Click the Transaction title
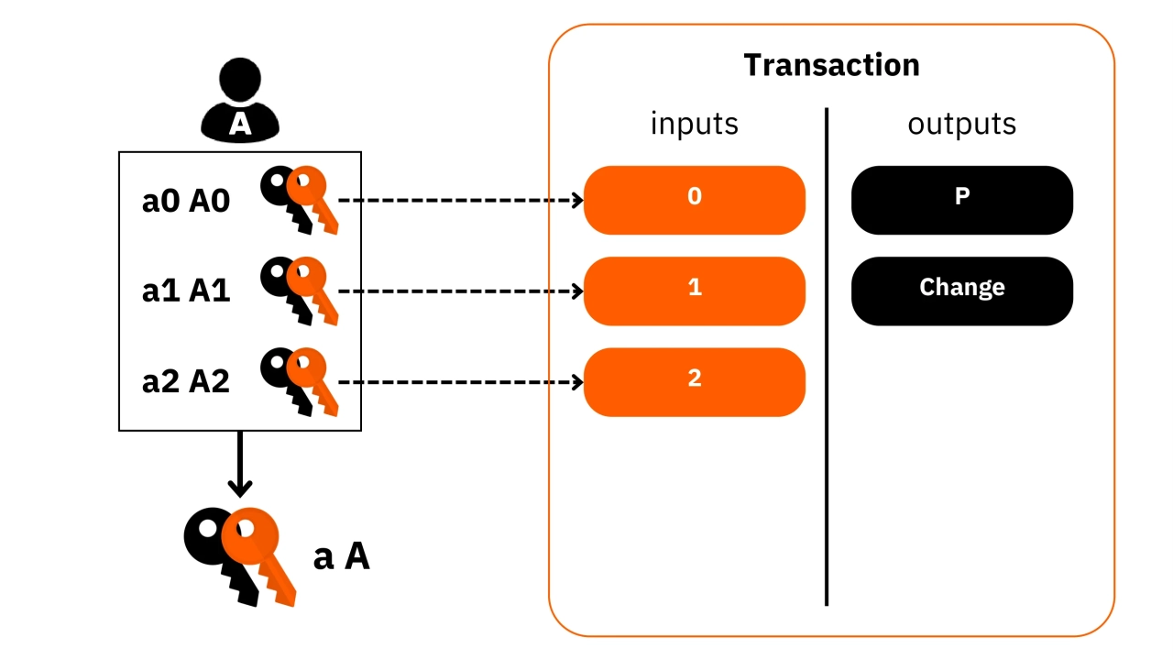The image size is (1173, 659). [x=831, y=65]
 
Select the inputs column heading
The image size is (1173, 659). [x=694, y=124]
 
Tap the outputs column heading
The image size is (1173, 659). [x=961, y=124]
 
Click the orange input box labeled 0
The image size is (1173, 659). [x=694, y=200]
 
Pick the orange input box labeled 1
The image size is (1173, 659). [x=694, y=291]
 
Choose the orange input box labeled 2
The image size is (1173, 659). [x=694, y=381]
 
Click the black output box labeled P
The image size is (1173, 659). [x=961, y=200]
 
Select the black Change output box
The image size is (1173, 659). [x=961, y=291]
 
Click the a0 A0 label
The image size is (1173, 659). [x=186, y=202]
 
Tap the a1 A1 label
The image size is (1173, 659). [x=186, y=291]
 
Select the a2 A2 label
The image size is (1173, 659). [x=186, y=381]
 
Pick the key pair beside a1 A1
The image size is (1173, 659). [x=300, y=290]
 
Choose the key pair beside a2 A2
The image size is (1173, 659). [x=300, y=380]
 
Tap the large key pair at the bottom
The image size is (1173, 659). [x=242, y=555]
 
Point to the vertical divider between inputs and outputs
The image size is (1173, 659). [x=827, y=357]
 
